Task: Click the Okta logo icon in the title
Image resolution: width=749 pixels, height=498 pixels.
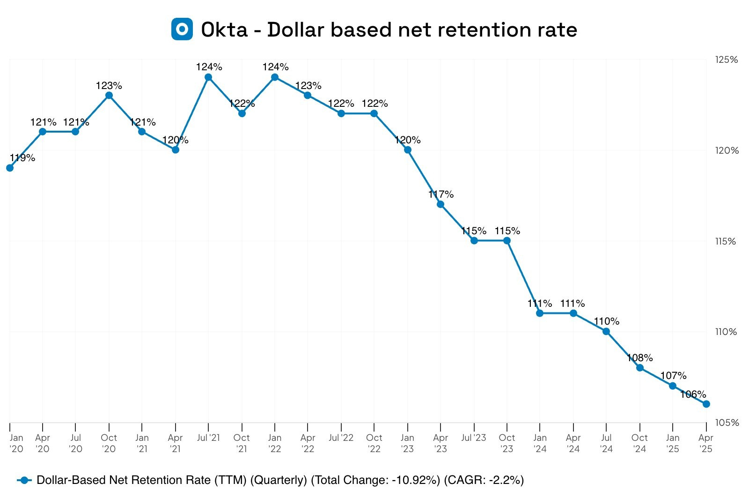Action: click(182, 29)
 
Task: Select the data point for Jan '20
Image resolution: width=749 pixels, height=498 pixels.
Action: click(10, 168)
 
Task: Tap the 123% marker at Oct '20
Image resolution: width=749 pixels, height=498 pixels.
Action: click(109, 96)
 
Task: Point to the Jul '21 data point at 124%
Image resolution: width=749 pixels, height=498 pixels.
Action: click(208, 77)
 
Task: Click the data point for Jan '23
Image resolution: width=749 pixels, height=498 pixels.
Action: click(407, 150)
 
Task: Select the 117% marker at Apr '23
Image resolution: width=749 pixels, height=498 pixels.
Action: click(441, 204)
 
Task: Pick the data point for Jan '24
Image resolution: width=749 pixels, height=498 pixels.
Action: click(540, 313)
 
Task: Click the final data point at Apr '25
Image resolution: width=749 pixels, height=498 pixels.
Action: click(706, 404)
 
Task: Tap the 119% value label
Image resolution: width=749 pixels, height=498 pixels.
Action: click(22, 158)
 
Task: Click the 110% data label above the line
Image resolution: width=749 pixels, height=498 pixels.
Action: click(606, 321)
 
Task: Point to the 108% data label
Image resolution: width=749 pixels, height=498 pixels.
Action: click(639, 358)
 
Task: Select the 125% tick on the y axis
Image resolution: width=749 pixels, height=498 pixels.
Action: click(727, 60)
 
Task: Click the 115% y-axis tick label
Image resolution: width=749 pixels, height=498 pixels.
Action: click(727, 241)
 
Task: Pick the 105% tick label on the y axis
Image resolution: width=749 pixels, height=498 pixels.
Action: click(727, 423)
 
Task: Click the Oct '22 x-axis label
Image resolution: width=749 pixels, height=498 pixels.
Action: click(374, 443)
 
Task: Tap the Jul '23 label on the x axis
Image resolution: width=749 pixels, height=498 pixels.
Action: click(474, 438)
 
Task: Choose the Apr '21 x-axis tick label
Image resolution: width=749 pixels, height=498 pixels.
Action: click(175, 443)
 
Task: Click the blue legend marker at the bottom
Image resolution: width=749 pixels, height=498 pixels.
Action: click(24, 480)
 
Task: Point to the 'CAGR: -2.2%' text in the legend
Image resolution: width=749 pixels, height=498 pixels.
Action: click(484, 480)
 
